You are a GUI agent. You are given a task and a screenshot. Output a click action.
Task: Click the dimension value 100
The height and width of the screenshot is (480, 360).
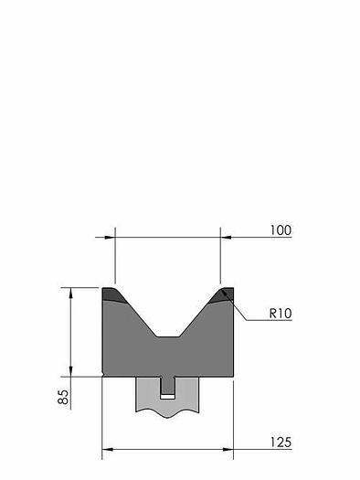coord(281,230)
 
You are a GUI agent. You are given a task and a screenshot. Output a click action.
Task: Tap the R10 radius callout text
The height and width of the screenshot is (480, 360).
coord(281,314)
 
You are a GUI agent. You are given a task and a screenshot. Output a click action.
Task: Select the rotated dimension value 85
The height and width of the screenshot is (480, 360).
coord(63,397)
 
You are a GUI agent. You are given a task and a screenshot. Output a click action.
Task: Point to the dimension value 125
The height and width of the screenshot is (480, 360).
coord(281,443)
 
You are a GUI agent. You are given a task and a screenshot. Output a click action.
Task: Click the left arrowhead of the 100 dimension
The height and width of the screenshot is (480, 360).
coord(110,237)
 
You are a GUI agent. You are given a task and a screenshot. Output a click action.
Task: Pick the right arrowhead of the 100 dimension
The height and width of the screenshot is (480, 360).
coord(226,237)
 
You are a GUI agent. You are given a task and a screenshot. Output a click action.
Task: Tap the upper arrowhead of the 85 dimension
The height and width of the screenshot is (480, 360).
coord(70,293)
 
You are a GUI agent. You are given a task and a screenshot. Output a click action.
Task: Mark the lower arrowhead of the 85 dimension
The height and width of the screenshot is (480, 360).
coord(70,371)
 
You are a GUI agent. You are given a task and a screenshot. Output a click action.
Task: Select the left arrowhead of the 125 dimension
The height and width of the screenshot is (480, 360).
coord(107,450)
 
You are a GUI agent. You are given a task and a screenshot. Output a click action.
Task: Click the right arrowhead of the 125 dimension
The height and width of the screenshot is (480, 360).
coord(228,450)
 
